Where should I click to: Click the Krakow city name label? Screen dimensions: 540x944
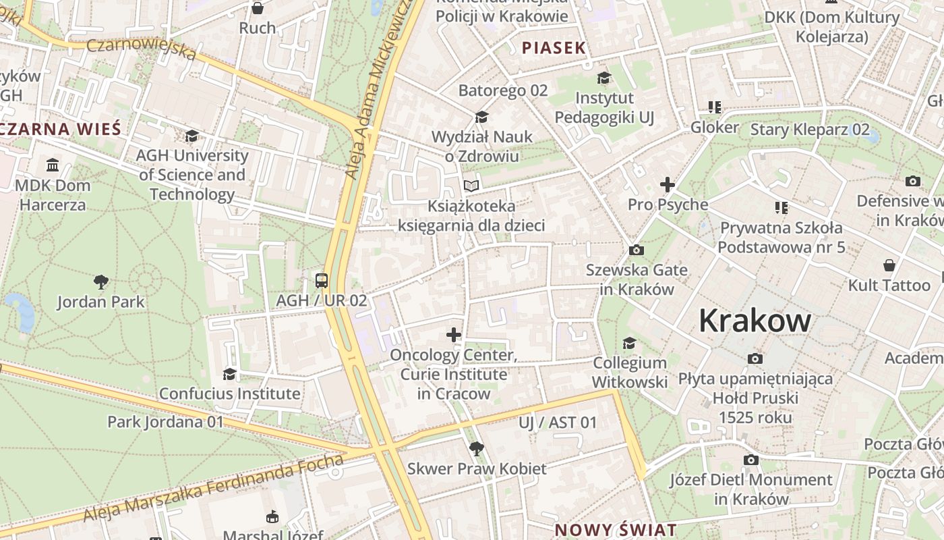coord(755,320)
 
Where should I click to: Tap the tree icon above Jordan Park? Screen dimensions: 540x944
coord(101,281)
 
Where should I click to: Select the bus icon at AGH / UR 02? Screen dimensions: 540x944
coord(322,280)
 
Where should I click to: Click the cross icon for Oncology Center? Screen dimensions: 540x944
coord(454,334)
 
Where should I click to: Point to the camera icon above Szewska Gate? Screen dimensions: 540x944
coord(636,250)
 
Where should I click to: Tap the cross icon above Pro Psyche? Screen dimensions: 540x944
coord(667,184)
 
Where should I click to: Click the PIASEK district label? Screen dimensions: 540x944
coord(554,48)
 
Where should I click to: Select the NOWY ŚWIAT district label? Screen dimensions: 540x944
coord(615,530)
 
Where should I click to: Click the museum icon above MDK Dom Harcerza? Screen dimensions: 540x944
coord(53,165)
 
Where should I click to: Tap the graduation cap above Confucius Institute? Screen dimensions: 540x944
coord(229,373)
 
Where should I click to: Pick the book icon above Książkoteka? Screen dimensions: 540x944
coord(471,186)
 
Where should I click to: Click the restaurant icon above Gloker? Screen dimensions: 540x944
coord(715,107)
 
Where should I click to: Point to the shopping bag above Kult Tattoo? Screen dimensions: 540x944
coord(889,265)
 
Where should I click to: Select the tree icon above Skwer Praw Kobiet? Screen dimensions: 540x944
coord(476,448)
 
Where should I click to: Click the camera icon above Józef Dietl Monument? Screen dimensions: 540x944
coord(751,460)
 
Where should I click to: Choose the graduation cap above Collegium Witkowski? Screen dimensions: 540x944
coord(629,343)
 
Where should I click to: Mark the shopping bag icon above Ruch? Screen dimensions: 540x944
coord(257,8)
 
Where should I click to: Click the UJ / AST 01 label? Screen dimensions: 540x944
coord(558,423)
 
